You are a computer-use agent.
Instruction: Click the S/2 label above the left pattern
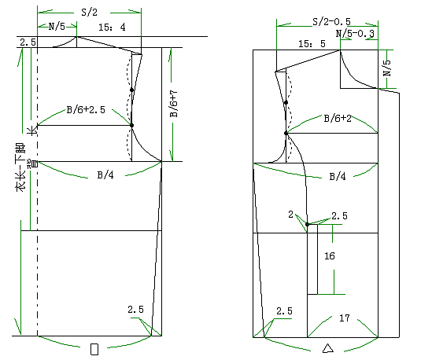(89, 13)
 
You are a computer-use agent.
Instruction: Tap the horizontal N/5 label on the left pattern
(57, 27)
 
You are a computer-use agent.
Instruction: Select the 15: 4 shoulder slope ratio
(112, 27)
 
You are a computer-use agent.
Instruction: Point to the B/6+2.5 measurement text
(86, 110)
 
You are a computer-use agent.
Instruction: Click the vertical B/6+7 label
(174, 104)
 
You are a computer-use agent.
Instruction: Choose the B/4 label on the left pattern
(105, 175)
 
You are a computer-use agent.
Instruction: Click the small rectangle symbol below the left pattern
(94, 349)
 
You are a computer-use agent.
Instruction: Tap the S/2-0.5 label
(332, 21)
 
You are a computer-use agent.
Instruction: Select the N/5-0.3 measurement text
(355, 34)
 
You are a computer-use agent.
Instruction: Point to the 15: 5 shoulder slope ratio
(312, 44)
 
